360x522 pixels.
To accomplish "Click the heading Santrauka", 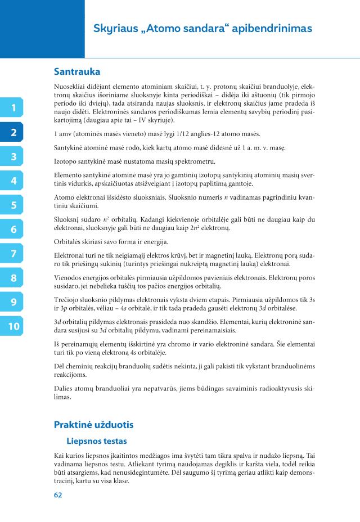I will [77, 72].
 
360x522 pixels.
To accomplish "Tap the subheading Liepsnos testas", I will [97, 442].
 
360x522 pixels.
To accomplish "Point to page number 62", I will [58, 495].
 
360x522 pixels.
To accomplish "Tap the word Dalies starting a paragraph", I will [64, 388].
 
